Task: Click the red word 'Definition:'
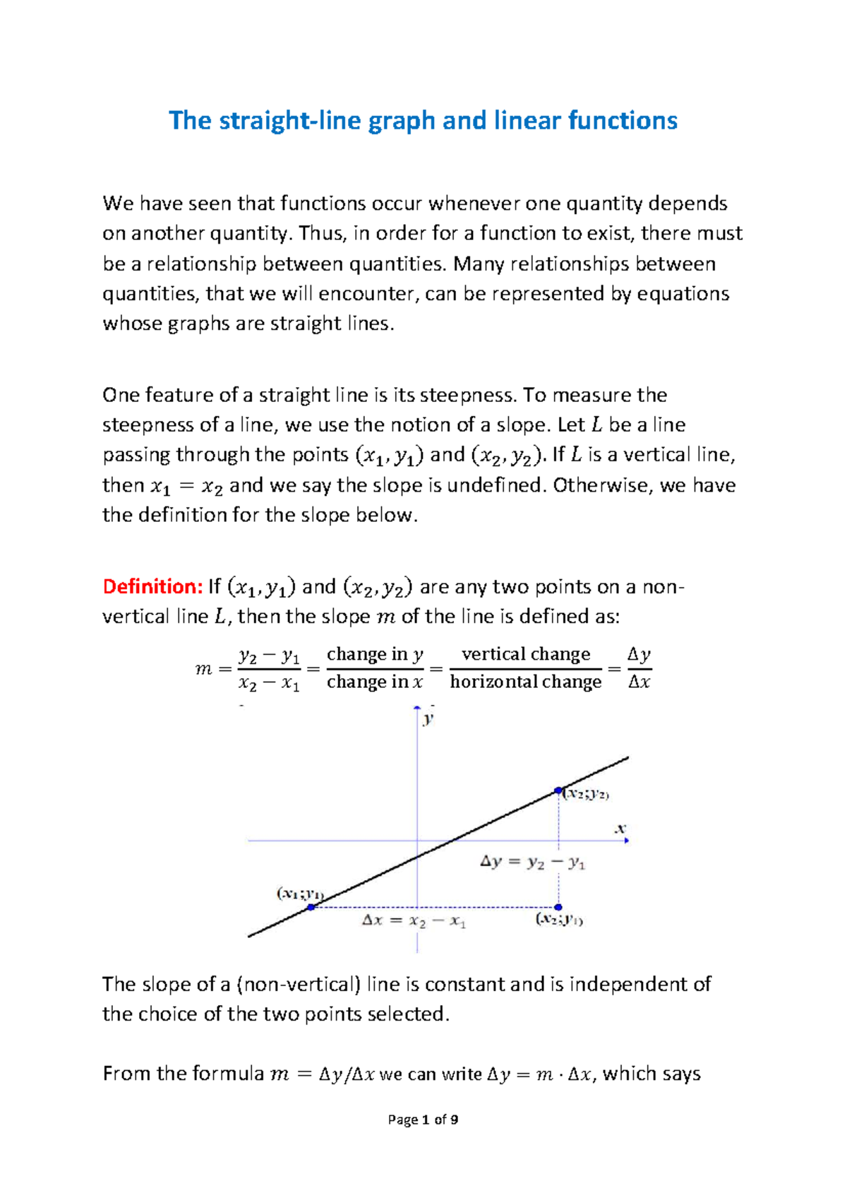click(x=152, y=586)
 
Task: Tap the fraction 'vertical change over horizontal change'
click(x=525, y=668)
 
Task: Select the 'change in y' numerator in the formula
click(x=375, y=654)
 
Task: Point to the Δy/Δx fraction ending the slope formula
click(x=639, y=668)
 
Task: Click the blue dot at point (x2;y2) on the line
click(x=558, y=790)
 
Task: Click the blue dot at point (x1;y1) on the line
click(x=311, y=906)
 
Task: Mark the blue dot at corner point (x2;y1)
click(x=558, y=907)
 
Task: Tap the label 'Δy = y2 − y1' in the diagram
click(x=532, y=862)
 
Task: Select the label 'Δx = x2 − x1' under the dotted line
click(x=414, y=921)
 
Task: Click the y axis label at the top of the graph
click(x=428, y=719)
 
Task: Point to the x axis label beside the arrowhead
click(x=620, y=828)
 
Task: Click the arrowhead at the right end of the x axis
click(x=626, y=841)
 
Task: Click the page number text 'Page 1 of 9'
click(x=423, y=1120)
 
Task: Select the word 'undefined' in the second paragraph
click(x=497, y=485)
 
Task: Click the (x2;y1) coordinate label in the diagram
click(x=559, y=920)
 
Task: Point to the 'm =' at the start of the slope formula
click(x=212, y=668)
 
